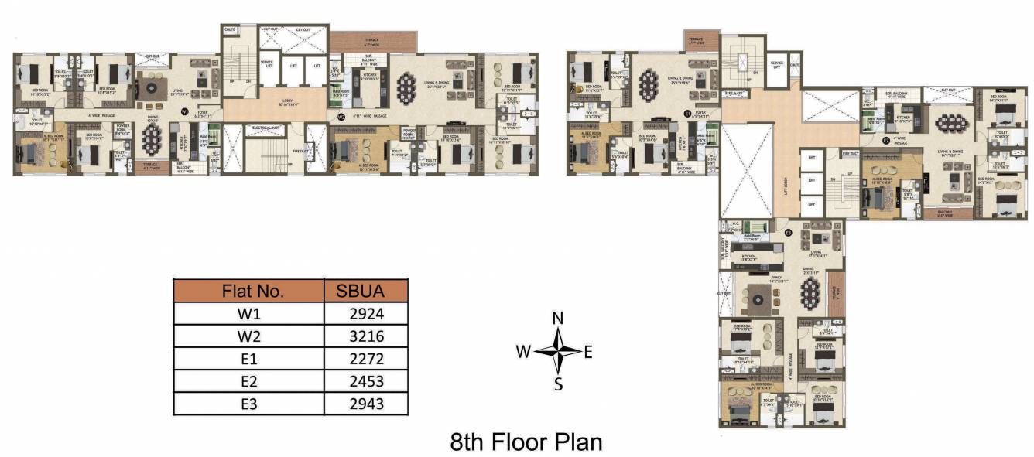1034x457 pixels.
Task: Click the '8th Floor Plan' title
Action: pyautogui.click(x=526, y=442)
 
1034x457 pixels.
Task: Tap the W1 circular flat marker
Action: pyautogui.click(x=184, y=112)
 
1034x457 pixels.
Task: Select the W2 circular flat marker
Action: pyautogui.click(x=341, y=117)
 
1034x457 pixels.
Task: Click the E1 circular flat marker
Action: pyautogui.click(x=687, y=113)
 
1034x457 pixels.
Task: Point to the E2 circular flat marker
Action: pyautogui.click(x=885, y=141)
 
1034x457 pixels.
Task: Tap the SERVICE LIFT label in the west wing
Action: pyautogui.click(x=267, y=63)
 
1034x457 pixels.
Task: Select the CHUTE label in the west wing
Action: pyautogui.click(x=230, y=29)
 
